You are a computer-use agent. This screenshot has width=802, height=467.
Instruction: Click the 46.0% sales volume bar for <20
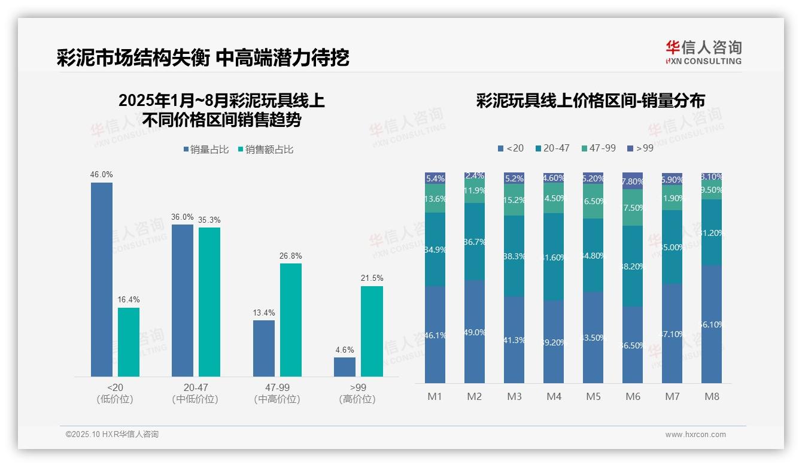point(102,279)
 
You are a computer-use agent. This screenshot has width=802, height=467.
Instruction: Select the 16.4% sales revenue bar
point(129,342)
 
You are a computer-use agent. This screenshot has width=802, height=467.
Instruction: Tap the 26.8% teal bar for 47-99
point(291,320)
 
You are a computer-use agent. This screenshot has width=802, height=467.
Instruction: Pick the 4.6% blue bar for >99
point(345,366)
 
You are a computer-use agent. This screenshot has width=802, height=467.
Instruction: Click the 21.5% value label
point(372,278)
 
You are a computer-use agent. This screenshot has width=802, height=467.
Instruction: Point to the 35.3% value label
point(209,220)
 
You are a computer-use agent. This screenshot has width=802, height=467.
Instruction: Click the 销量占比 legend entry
point(206,150)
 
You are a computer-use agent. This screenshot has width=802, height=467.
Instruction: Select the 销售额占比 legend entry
point(265,150)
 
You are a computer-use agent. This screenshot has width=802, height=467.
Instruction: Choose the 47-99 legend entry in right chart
point(599,148)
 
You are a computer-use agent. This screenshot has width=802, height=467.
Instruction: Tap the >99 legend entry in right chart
point(640,148)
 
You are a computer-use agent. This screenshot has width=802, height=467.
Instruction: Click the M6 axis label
point(633,396)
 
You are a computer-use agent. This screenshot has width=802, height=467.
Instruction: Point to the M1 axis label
point(435,396)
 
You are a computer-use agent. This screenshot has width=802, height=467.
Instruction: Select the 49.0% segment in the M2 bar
point(475,332)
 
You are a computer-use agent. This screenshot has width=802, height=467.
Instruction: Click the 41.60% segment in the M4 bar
point(554,257)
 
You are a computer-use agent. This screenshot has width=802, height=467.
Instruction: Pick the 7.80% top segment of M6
point(633,181)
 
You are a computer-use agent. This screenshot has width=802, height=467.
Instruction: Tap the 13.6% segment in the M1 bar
point(435,198)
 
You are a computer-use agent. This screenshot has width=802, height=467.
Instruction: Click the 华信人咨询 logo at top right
point(703,53)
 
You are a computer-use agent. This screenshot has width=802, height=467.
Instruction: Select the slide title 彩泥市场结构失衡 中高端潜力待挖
point(203,58)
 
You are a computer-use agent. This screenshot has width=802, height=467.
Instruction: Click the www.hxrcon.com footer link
point(695,435)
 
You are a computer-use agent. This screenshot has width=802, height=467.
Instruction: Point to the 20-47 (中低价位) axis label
point(195,393)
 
